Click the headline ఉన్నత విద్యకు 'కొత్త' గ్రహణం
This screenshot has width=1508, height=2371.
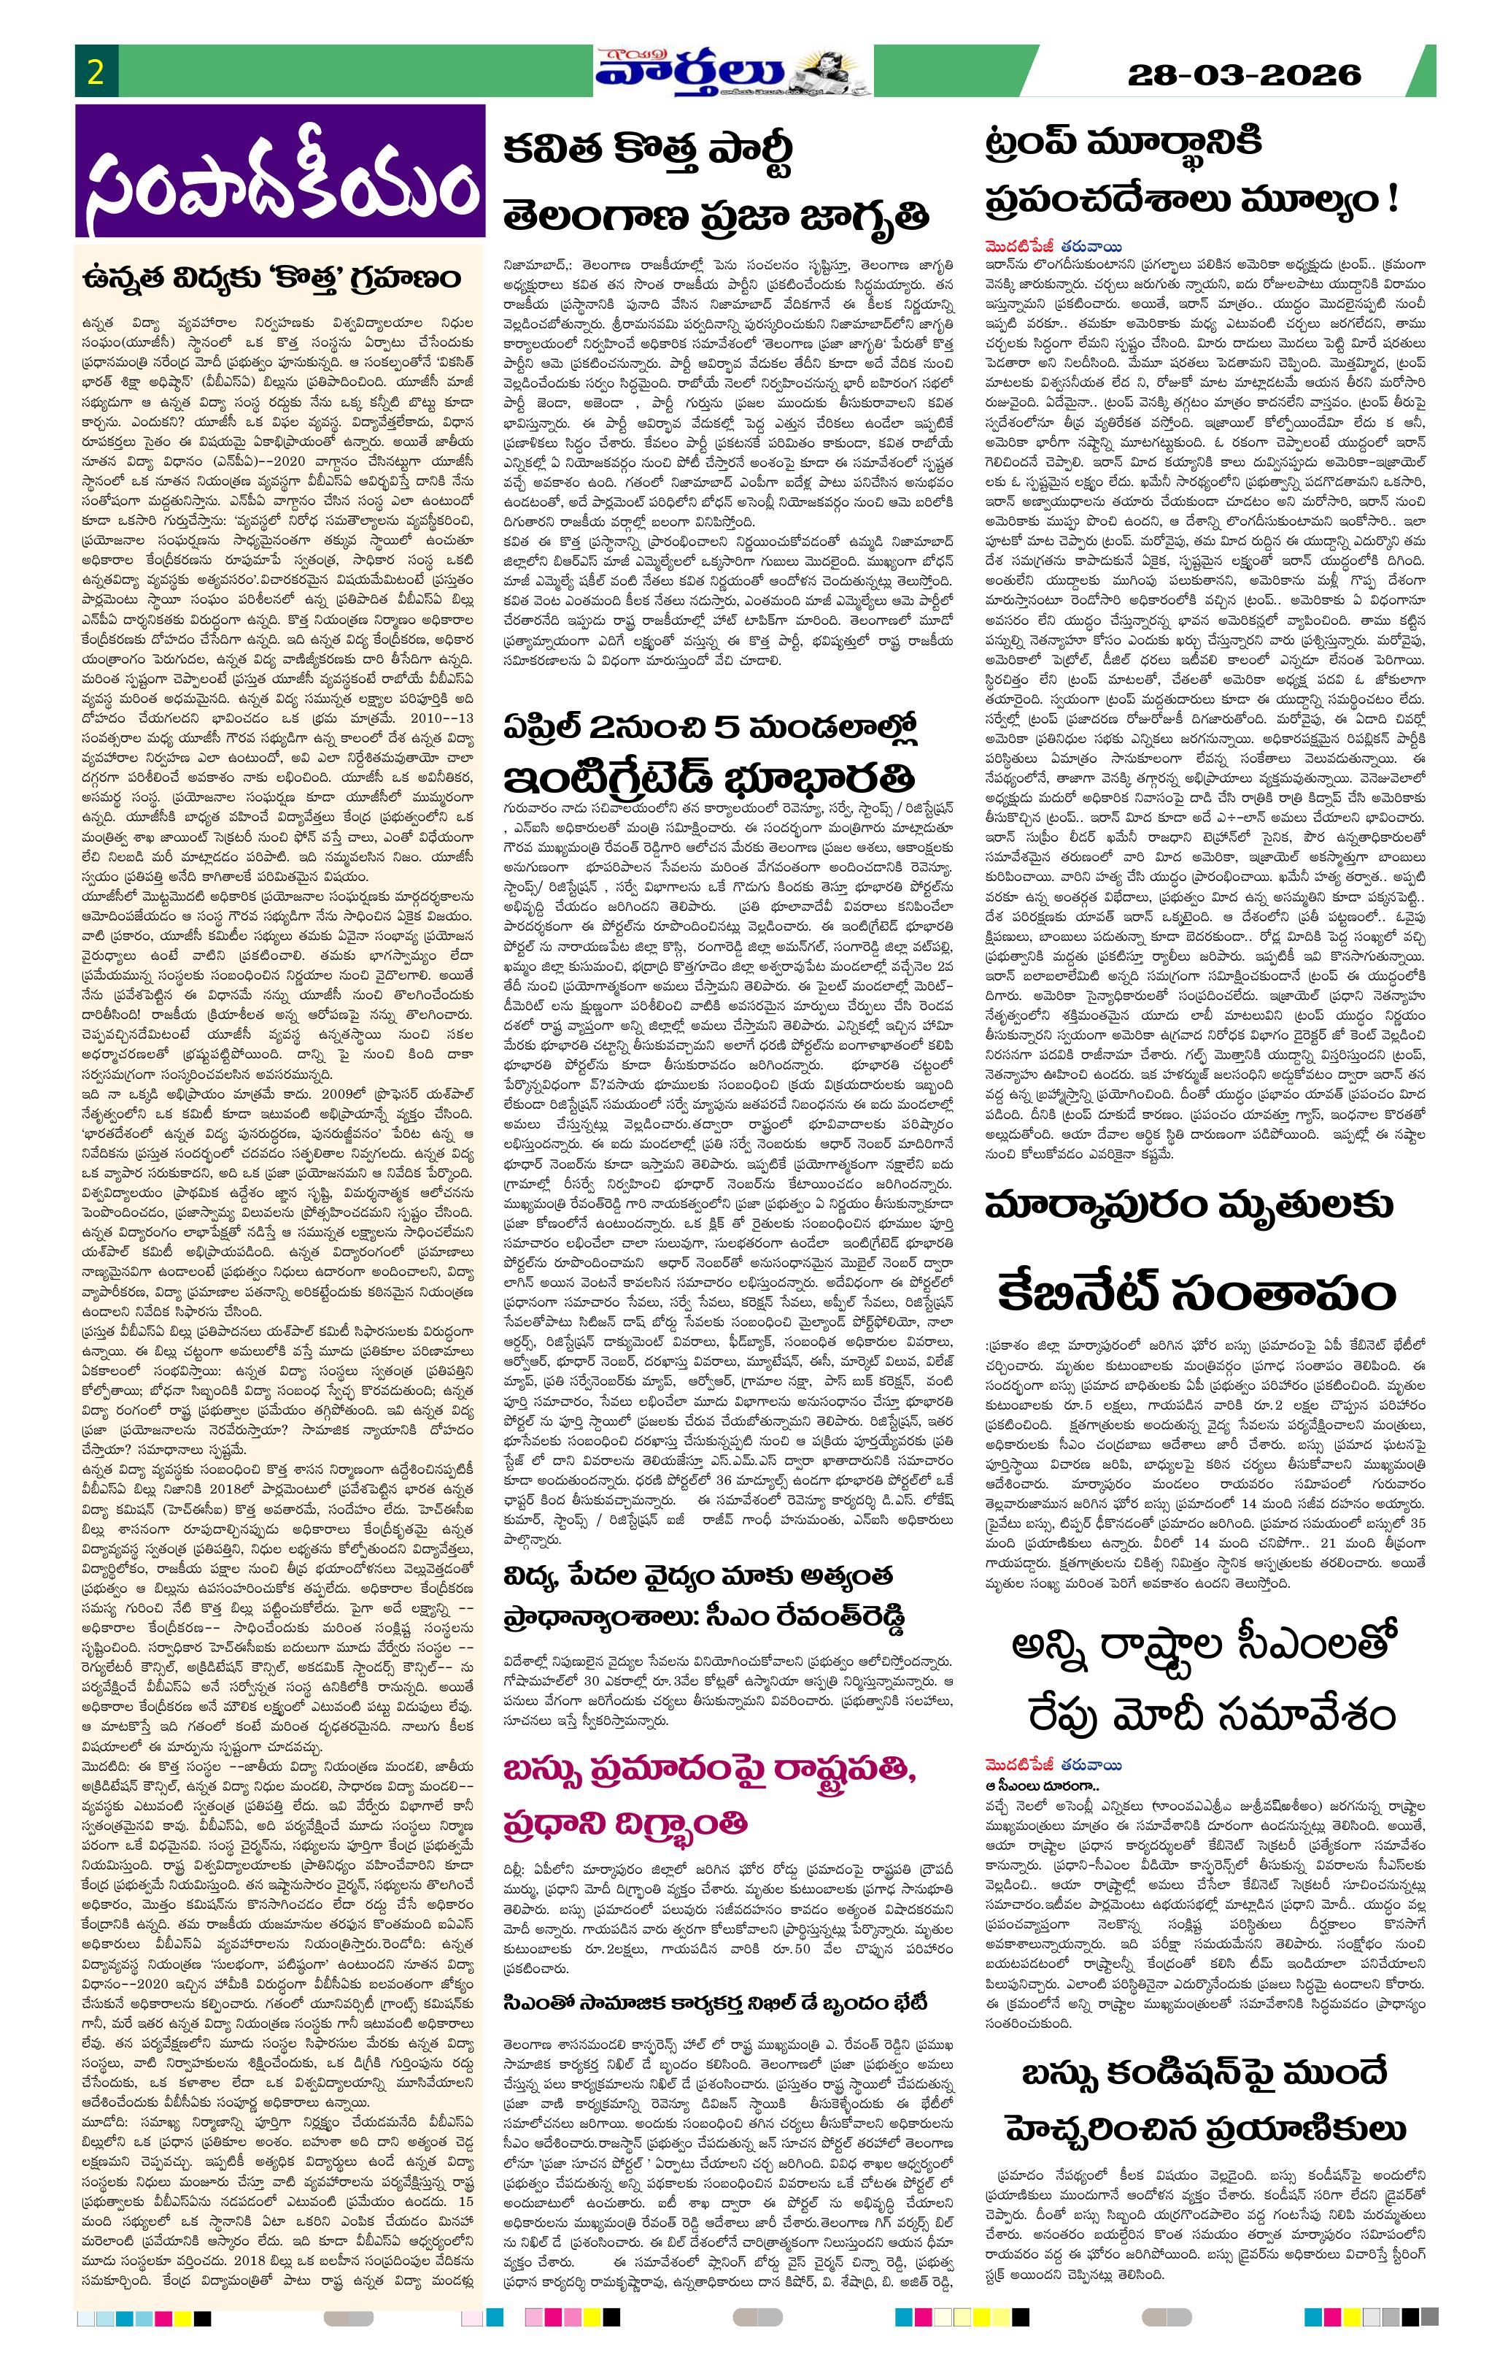pos(271,280)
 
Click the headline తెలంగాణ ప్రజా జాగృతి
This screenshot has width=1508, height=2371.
pos(716,215)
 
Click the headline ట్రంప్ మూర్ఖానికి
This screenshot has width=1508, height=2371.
pos(1123,144)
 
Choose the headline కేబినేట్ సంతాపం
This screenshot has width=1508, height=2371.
pos(1197,1292)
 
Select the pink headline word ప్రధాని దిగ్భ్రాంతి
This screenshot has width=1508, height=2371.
pos(625,1824)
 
